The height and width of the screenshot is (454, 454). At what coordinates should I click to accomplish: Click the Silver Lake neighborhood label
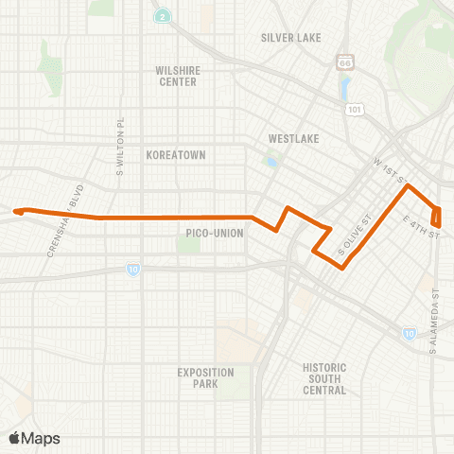(291, 38)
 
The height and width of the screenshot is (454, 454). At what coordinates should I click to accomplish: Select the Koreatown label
(176, 153)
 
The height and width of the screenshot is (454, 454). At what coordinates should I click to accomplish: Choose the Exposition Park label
(205, 377)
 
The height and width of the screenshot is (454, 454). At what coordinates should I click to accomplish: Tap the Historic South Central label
(324, 378)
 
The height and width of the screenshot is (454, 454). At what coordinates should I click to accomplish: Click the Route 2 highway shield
(164, 17)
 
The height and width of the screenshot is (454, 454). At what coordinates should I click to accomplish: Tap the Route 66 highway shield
(343, 62)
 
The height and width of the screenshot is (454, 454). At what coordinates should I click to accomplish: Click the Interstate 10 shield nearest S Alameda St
(407, 333)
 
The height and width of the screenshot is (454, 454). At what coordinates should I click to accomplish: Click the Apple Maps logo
(34, 438)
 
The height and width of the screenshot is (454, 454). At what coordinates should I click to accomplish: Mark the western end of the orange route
(14, 212)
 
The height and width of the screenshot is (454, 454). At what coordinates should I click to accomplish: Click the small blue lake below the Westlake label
(273, 162)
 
